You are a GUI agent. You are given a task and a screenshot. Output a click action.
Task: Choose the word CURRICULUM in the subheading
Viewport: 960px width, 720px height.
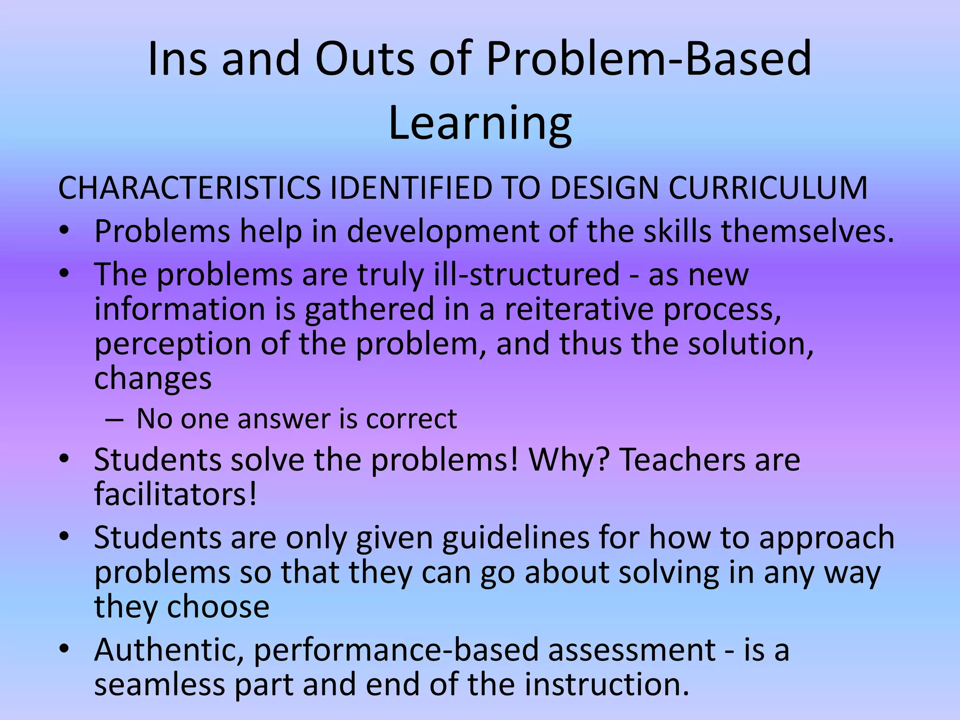click(x=768, y=188)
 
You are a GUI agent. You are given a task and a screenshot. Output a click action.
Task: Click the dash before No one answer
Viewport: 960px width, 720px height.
click(x=114, y=419)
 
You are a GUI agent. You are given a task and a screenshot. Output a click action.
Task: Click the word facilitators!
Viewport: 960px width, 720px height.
click(x=176, y=494)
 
